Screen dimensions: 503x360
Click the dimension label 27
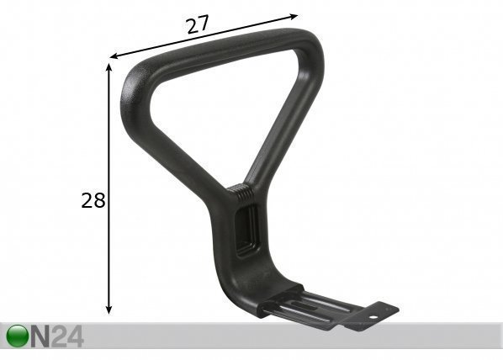198,24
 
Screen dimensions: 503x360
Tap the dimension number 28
93,200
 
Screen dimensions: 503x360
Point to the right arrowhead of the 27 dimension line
294,17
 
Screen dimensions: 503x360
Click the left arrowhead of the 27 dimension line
114,56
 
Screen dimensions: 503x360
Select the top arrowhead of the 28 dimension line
109,67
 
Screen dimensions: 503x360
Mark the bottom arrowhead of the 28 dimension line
109,310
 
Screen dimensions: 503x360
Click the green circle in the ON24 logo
18,336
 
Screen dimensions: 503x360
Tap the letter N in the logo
40,336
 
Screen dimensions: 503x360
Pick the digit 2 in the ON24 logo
60,336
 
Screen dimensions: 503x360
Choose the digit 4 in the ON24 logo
76,336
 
